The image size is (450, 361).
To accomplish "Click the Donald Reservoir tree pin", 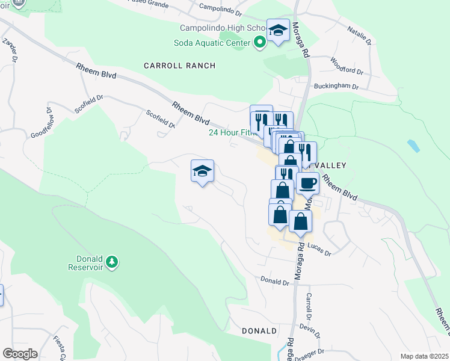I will [111, 262].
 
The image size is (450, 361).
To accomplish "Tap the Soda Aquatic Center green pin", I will [260, 43].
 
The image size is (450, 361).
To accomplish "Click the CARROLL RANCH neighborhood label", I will [179, 65].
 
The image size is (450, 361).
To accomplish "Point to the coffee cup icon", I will [307, 182].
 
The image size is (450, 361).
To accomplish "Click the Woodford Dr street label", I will [347, 66].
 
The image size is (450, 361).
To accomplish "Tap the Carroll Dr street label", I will [308, 307].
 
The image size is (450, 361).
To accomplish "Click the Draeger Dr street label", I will [313, 351].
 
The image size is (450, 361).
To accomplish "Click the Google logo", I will [19, 354].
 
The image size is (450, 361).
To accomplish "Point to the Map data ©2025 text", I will [424, 356].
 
